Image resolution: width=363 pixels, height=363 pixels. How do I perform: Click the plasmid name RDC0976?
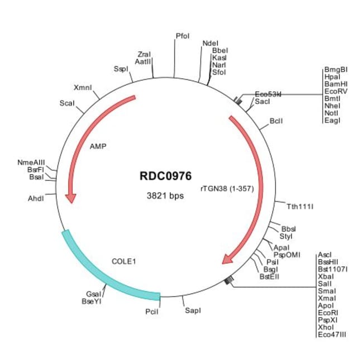[165, 176]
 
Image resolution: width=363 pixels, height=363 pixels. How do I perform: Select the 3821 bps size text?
[165, 196]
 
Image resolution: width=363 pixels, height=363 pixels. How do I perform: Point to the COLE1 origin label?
[124, 261]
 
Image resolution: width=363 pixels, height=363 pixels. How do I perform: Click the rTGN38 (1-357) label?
[227, 189]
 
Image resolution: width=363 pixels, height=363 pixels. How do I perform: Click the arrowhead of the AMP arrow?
[71, 197]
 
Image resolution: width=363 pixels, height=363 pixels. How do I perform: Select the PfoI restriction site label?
[183, 36]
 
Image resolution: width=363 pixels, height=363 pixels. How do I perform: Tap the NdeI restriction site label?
[211, 42]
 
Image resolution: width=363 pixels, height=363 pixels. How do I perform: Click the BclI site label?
[276, 121]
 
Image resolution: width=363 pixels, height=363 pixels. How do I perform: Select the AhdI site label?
[35, 198]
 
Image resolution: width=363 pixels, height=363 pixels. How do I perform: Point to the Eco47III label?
[332, 335]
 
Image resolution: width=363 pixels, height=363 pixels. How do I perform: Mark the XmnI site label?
[83, 88]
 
